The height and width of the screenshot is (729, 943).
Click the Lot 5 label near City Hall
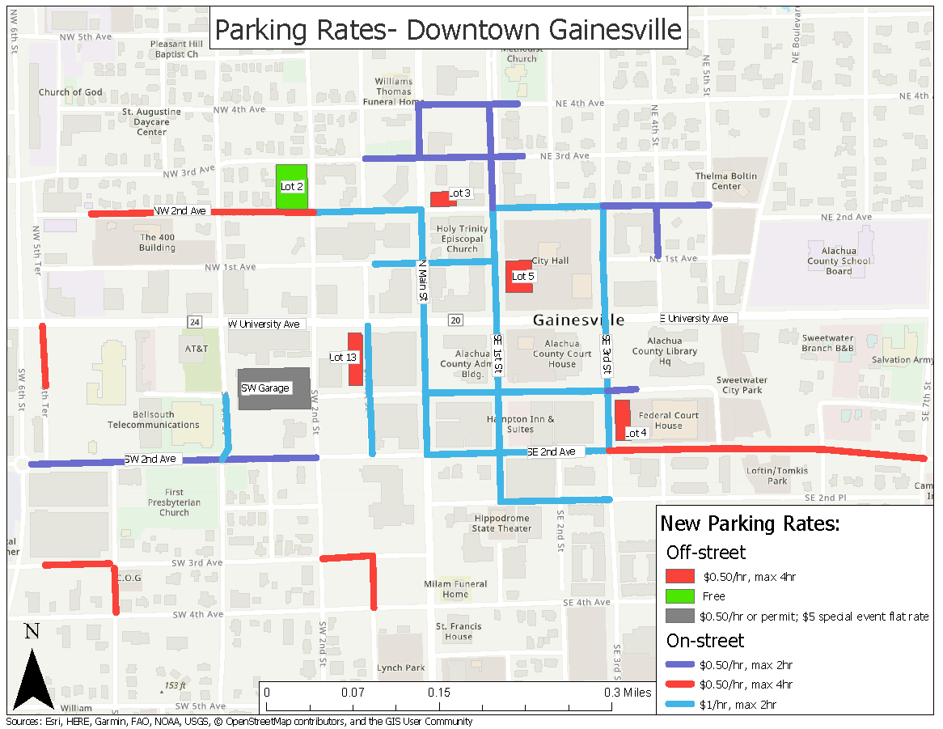coord(523,277)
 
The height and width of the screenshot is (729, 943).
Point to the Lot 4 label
coord(636,433)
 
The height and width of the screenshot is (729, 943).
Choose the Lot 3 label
coord(460,193)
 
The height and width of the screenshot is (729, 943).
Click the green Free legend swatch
coord(680,596)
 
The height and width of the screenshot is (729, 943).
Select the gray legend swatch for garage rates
coord(680,617)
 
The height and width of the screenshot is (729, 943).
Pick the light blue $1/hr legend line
coord(680,704)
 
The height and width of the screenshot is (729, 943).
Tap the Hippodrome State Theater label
coord(502,523)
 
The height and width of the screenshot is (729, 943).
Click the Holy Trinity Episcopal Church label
coord(462,239)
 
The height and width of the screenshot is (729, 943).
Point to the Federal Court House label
coord(668,421)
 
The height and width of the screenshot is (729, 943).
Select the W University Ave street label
coord(265,324)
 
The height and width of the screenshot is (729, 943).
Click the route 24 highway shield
coord(194,322)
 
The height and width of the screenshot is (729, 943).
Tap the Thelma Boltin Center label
coord(725,181)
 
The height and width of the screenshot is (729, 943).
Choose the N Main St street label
coord(421,281)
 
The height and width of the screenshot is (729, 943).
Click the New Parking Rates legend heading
coord(751,523)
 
